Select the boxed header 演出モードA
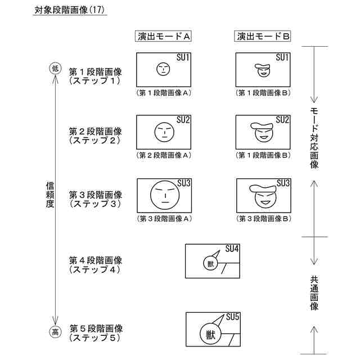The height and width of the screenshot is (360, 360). [164, 37]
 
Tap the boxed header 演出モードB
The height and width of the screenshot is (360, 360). [263, 37]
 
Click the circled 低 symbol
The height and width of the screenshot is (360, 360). [55, 69]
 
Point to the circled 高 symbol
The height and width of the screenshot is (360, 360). [55, 332]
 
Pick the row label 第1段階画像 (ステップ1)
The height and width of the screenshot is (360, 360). [95, 76]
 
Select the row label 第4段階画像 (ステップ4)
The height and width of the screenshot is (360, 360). [95, 265]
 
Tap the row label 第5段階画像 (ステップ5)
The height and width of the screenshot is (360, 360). [95, 333]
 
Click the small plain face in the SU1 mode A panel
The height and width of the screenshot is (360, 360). [163, 69]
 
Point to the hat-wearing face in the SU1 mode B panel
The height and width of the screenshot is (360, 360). [263, 71]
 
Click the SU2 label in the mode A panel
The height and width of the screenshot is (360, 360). [183, 120]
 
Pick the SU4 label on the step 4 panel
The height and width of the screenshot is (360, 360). [232, 249]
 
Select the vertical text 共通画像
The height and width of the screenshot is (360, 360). [314, 292]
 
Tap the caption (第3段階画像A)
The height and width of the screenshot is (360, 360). [164, 218]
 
